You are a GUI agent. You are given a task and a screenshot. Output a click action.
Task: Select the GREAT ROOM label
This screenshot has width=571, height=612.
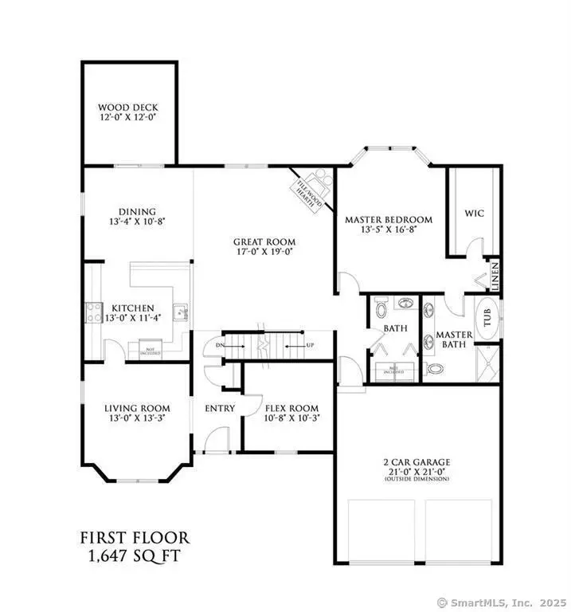(x=264, y=241)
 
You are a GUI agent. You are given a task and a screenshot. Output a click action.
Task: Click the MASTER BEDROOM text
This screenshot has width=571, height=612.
(x=388, y=219)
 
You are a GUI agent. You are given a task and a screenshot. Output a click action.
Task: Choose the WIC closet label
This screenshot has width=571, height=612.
(x=473, y=214)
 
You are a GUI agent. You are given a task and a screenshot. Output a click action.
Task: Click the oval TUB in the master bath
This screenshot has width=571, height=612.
(x=487, y=319)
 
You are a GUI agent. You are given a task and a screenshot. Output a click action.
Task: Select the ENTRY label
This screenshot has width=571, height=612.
(x=220, y=409)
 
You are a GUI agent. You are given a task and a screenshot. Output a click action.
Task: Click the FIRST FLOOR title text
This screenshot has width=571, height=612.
(x=134, y=538)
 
